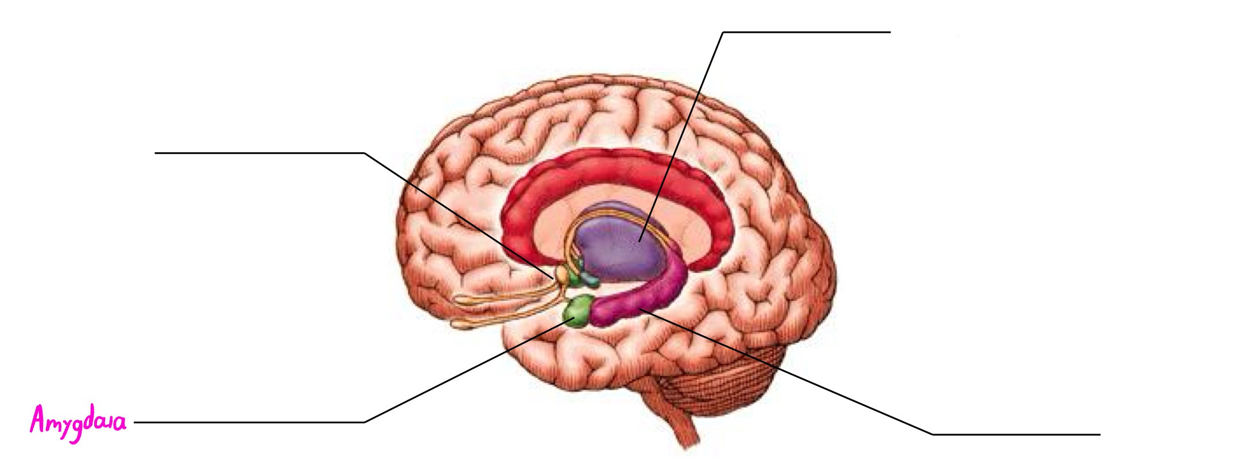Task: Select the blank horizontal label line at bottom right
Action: click(x=1016, y=434)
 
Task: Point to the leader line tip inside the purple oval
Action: click(x=639, y=241)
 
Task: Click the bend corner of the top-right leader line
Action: click(x=723, y=33)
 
